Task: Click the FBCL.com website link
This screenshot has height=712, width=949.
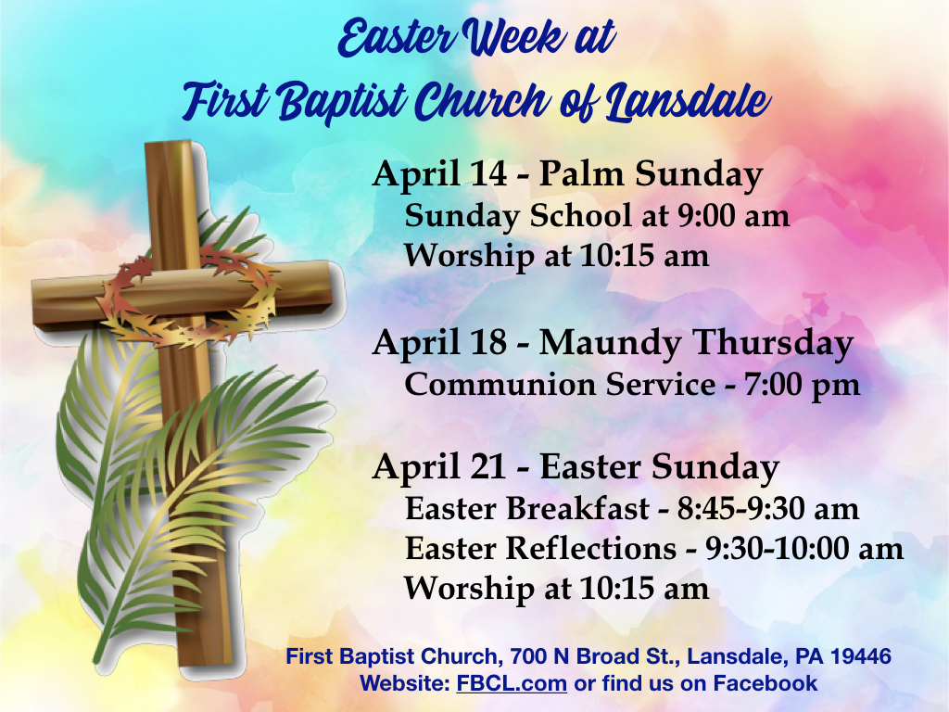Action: (512, 683)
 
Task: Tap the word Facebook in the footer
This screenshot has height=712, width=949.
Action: (765, 683)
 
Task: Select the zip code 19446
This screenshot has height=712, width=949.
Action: (861, 655)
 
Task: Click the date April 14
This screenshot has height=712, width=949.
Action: (439, 174)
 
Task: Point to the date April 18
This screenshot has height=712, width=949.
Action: (439, 343)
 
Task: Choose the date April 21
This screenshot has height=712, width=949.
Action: (439, 467)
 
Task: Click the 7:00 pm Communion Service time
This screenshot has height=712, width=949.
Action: (802, 385)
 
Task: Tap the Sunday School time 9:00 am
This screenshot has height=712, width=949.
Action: (733, 216)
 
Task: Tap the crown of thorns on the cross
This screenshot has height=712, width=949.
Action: (187, 297)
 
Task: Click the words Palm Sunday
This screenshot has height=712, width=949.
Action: (651, 175)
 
